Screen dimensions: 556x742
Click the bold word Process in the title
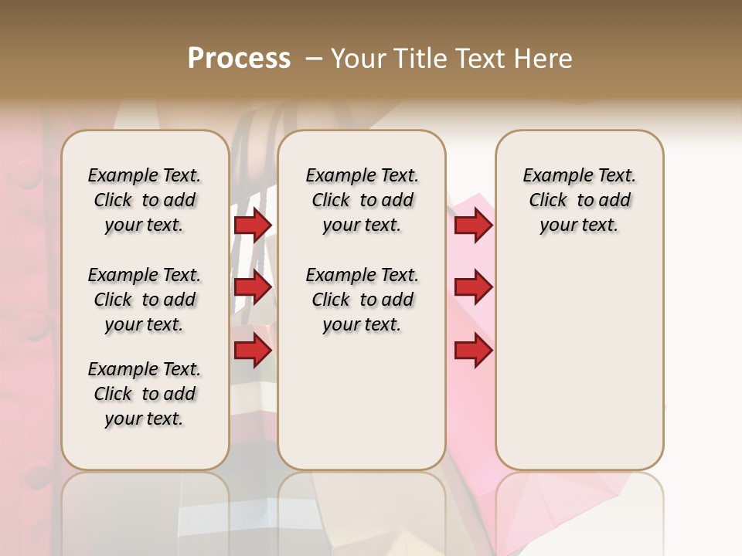click(x=239, y=59)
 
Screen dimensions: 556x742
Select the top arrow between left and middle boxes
click(x=253, y=225)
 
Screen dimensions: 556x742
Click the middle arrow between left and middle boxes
click(x=253, y=288)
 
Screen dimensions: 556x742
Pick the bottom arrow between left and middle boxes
click(x=253, y=351)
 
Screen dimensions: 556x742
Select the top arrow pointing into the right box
click(x=473, y=225)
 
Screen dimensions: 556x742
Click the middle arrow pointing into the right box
click(x=473, y=288)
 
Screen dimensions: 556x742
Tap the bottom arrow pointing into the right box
click(x=473, y=351)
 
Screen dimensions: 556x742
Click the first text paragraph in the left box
click(x=145, y=200)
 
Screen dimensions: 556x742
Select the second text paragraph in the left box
click(x=145, y=300)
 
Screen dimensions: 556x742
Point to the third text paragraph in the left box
click(x=145, y=394)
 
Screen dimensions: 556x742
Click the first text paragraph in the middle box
click(x=362, y=200)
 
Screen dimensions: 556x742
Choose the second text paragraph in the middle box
click(x=362, y=300)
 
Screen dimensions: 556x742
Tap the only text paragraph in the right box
click(x=579, y=200)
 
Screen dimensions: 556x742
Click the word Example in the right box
click(x=552, y=176)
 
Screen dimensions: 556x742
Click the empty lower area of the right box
click(x=579, y=363)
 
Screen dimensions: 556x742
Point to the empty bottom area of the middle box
click(x=362, y=409)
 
